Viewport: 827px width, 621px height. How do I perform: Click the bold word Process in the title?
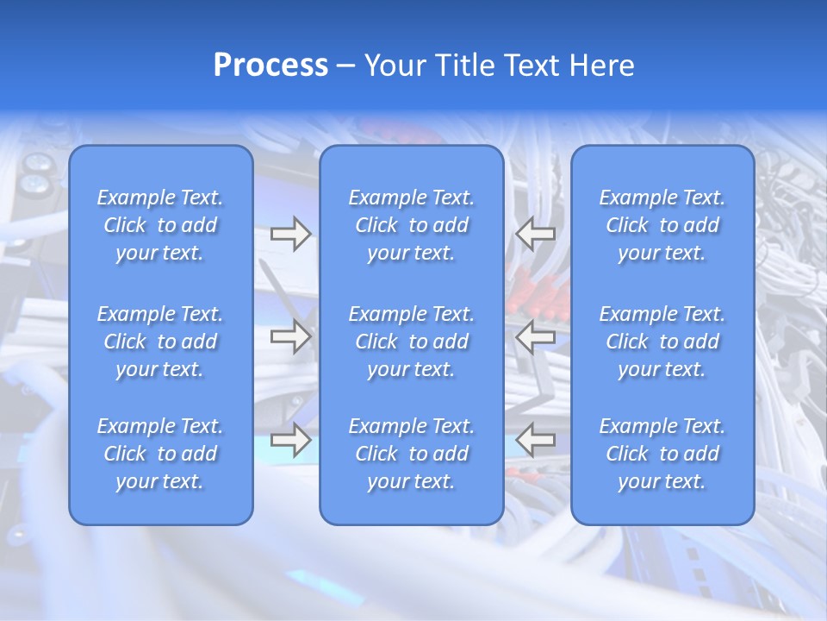[270, 66]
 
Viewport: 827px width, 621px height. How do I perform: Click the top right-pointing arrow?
[290, 234]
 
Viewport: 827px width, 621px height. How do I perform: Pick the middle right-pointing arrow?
[290, 336]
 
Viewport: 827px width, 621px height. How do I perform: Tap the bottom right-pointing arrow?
[290, 440]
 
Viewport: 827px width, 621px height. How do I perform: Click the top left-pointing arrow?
[535, 234]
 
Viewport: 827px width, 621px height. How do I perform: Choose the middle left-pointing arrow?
[535, 336]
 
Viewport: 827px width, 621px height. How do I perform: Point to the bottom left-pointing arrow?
[535, 440]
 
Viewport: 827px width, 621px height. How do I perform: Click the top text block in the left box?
[160, 225]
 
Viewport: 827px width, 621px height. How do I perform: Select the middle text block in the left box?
[160, 342]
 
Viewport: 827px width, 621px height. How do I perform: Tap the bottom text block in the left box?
[160, 454]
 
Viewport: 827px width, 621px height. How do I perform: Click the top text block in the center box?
[412, 225]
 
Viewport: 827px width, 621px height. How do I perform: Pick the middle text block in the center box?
[412, 342]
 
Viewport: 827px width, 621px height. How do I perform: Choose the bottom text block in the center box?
[412, 454]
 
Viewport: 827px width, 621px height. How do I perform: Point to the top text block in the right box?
[662, 225]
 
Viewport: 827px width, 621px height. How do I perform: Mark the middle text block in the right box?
[662, 342]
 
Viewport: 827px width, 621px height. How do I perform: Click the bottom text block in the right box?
[662, 454]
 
